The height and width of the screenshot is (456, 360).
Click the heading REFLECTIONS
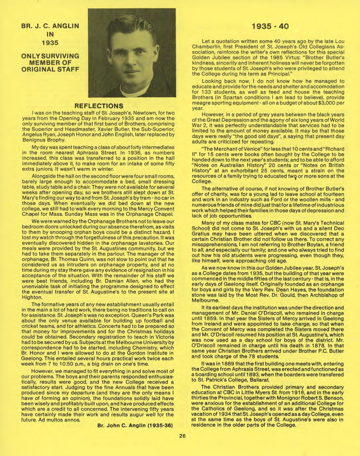pos(99,105)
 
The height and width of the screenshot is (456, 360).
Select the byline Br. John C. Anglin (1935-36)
pos(135,425)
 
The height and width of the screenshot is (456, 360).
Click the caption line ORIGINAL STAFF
pos(51,69)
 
